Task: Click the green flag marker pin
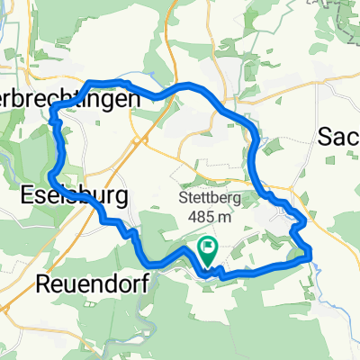[x=208, y=251]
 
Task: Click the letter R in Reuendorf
[x=44, y=284]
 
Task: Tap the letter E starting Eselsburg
[x=26, y=196]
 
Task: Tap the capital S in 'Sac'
[x=325, y=136]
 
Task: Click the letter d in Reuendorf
[x=110, y=284]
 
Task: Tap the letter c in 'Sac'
[x=354, y=137]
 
